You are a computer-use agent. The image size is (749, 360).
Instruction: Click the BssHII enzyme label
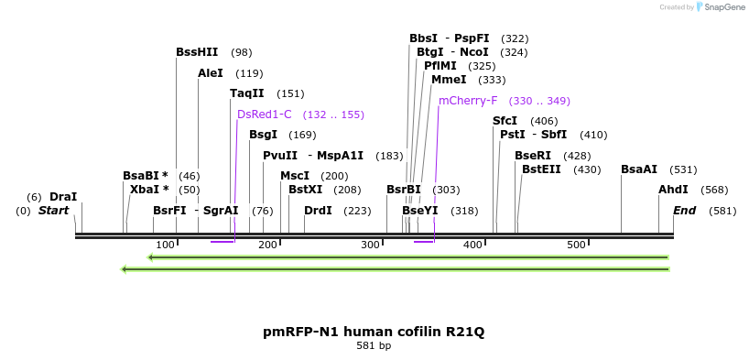197,52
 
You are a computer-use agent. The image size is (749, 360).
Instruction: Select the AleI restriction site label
211,72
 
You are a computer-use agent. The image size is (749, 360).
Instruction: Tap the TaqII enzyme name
246,93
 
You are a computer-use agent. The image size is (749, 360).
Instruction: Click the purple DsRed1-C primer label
264,115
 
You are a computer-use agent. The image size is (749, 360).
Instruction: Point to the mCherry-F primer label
468,101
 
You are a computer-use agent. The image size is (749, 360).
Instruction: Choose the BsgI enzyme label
263,135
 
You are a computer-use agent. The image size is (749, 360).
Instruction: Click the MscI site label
295,176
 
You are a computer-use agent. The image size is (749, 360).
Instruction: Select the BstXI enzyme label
305,190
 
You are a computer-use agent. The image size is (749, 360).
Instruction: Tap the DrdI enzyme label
318,211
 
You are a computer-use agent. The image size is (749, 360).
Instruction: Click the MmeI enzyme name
449,80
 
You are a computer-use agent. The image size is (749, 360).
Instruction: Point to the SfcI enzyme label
505,121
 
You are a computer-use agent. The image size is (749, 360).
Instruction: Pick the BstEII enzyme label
541,169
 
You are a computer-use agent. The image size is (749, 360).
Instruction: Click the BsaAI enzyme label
639,169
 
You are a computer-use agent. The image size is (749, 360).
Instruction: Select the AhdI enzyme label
673,190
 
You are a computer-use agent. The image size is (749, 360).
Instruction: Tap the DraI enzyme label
63,197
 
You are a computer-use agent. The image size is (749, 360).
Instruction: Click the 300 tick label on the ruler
370,245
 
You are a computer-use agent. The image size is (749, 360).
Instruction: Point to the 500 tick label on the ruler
575,245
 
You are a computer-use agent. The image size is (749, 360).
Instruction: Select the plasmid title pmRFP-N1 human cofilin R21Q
374,332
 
